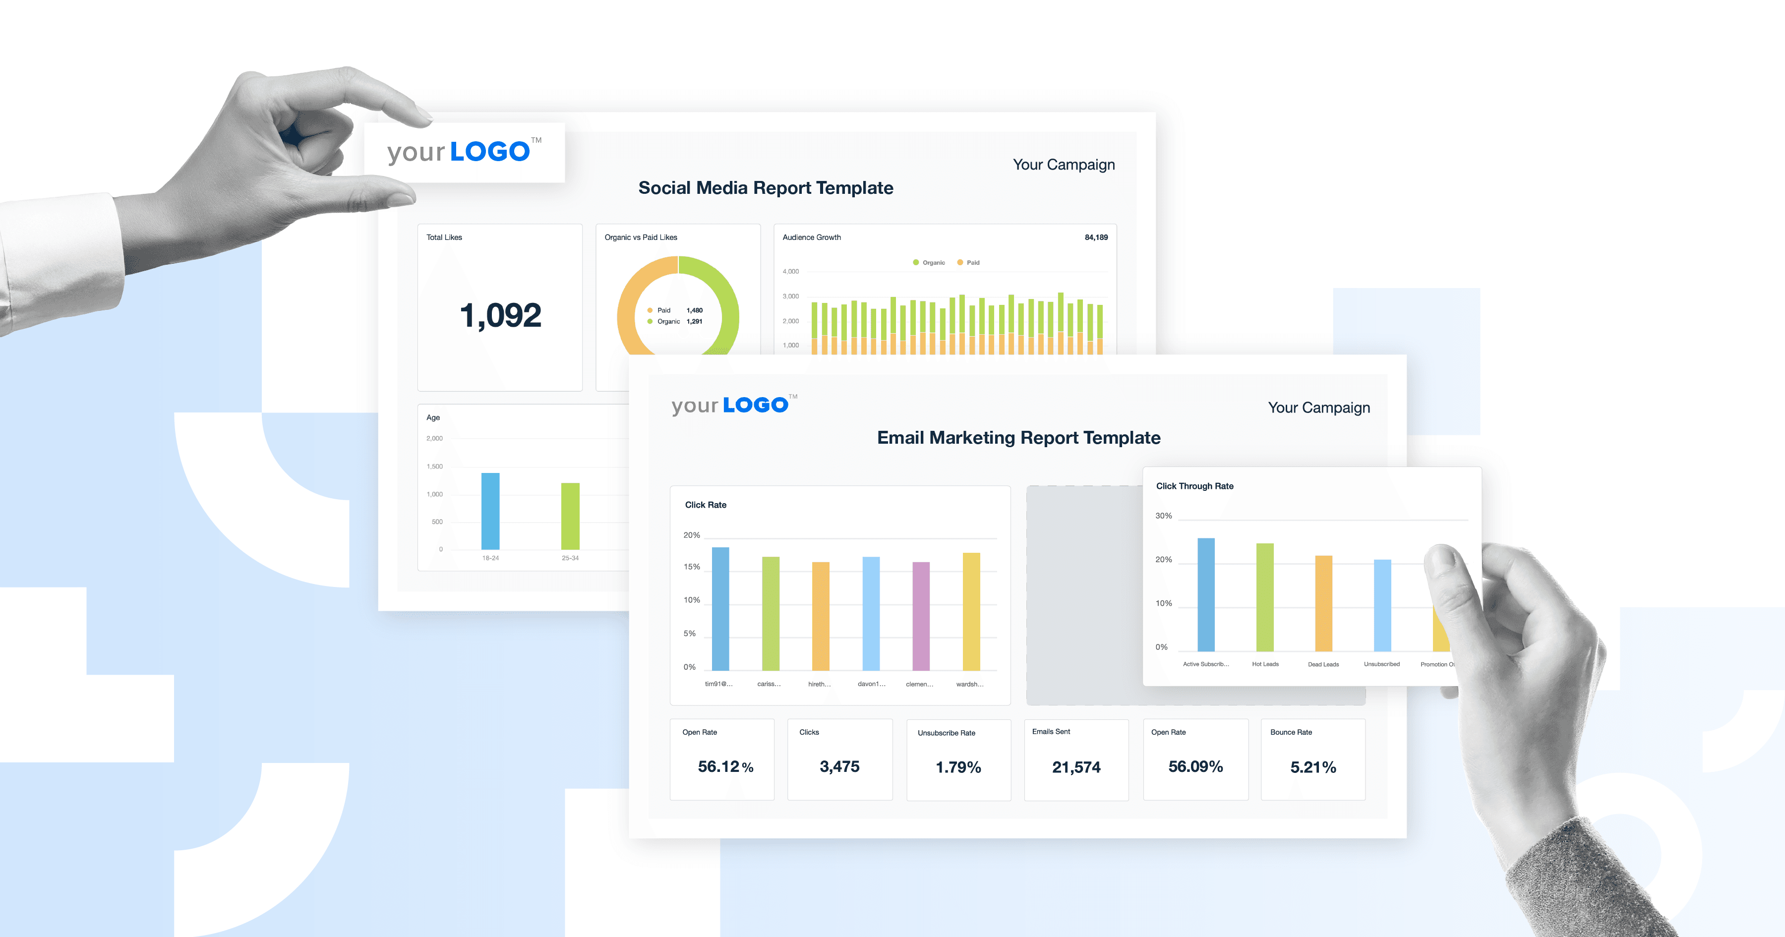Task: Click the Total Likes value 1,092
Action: tap(500, 315)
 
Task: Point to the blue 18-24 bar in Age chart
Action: tap(490, 512)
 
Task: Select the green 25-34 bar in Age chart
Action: tap(570, 516)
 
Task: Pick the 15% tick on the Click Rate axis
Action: tap(692, 567)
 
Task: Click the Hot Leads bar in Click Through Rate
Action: tap(1264, 597)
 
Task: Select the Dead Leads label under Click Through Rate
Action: tap(1323, 664)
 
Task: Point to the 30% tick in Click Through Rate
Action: tap(1163, 516)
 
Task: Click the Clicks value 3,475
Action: tap(839, 766)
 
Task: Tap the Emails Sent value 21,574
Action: tap(1075, 767)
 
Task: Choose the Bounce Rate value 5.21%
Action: tap(1312, 767)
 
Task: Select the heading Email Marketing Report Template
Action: tap(1018, 438)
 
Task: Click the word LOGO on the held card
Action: tap(489, 152)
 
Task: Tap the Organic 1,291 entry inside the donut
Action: tap(676, 322)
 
